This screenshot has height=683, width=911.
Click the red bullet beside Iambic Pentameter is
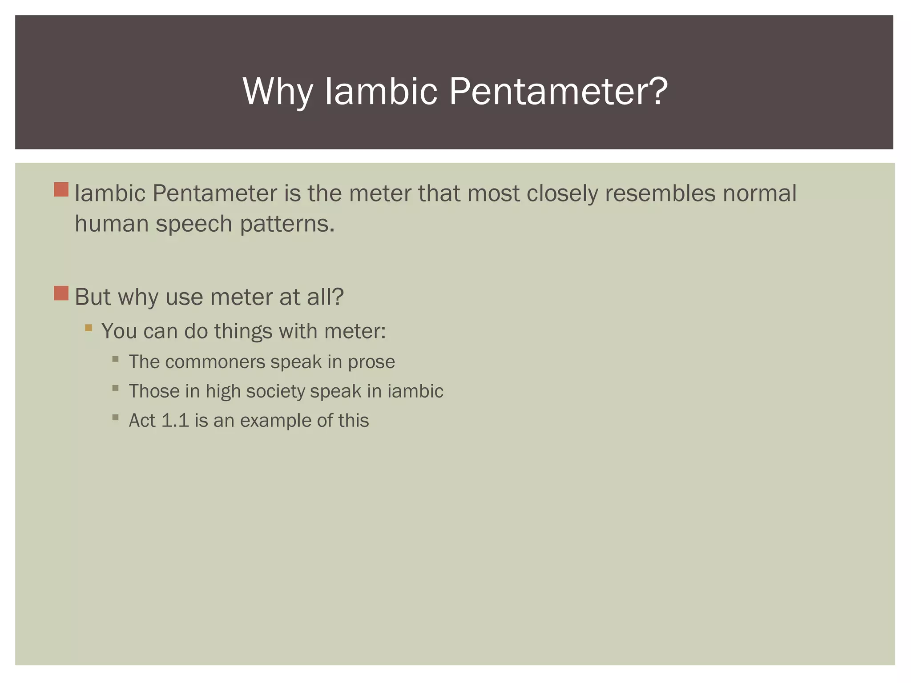click(x=61, y=189)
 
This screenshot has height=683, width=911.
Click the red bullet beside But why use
click(x=61, y=293)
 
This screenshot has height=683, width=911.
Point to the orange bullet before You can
click(x=89, y=328)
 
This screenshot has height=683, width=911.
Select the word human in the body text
click(x=111, y=223)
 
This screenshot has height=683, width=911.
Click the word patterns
click(x=287, y=224)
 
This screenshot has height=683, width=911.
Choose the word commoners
click(x=215, y=362)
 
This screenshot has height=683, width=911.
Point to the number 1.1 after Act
click(x=175, y=421)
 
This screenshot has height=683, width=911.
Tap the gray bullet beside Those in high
click(x=116, y=388)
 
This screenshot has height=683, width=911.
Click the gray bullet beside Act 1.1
click(x=116, y=418)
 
